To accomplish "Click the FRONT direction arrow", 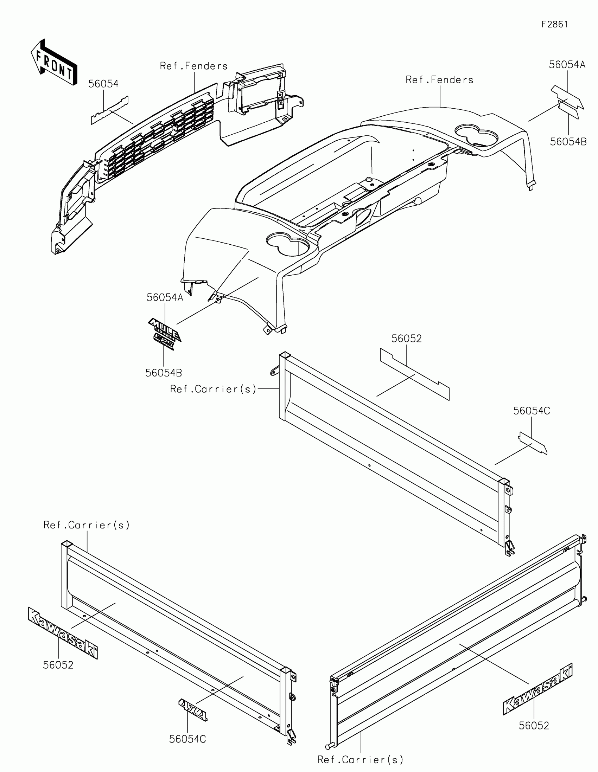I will coord(54,63).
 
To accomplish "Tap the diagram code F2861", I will coord(554,24).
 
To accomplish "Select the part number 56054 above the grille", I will coord(103,84).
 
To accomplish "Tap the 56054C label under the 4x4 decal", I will coord(187,739).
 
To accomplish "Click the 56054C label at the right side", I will coord(532,411).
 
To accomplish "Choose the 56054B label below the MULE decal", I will coord(164,373).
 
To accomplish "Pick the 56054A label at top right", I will coord(567,65).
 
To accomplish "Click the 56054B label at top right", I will coord(568,142).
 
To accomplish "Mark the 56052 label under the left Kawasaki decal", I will coord(58,665).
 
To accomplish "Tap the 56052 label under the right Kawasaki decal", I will coord(534,726).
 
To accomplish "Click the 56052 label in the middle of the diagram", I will coord(406,339).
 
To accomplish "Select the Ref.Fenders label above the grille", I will coord(194,66).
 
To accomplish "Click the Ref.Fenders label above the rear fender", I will coord(439,80).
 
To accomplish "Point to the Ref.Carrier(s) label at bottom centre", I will coord(360,760).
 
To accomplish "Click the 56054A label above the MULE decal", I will coord(165,298).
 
